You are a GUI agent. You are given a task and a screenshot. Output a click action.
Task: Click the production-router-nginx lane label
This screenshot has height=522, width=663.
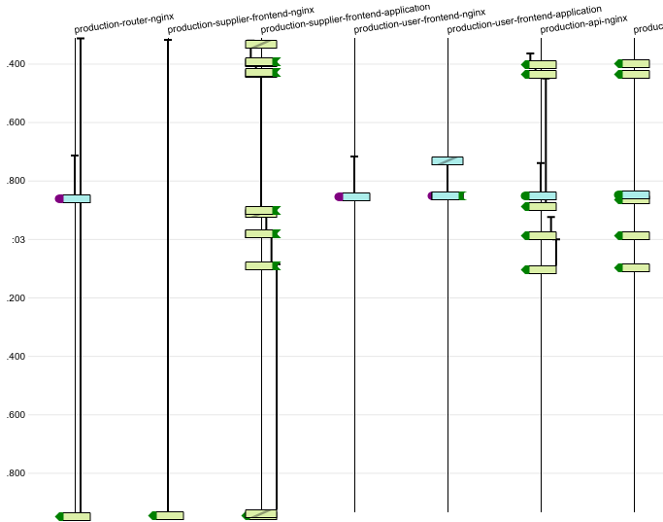click(123, 23)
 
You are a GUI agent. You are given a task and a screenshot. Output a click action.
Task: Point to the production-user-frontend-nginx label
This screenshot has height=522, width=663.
click(419, 20)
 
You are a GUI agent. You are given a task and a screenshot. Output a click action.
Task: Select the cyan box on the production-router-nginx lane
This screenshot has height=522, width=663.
click(77, 198)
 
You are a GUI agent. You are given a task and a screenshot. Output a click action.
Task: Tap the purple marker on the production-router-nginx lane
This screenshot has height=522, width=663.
click(59, 198)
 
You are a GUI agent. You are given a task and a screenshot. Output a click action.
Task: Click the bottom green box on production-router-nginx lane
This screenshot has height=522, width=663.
click(75, 516)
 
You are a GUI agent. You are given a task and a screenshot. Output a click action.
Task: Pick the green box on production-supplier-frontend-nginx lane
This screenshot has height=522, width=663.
click(168, 515)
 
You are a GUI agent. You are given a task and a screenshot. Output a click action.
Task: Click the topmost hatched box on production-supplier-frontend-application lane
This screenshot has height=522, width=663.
click(261, 44)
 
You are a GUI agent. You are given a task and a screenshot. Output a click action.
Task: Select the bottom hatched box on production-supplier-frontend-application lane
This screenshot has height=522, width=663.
click(261, 513)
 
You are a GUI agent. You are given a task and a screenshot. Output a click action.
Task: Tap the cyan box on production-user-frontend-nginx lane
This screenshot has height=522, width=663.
click(354, 196)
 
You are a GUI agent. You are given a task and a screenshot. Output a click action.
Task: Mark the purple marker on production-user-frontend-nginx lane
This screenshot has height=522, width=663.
click(338, 196)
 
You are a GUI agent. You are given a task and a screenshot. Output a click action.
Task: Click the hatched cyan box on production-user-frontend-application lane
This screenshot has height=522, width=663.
click(448, 160)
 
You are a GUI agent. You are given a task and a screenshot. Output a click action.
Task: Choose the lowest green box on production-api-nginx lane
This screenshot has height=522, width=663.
click(541, 269)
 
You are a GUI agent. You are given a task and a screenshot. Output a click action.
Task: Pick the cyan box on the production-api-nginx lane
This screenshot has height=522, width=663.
click(541, 195)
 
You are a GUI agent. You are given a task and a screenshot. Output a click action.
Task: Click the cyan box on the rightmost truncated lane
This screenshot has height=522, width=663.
click(634, 194)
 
